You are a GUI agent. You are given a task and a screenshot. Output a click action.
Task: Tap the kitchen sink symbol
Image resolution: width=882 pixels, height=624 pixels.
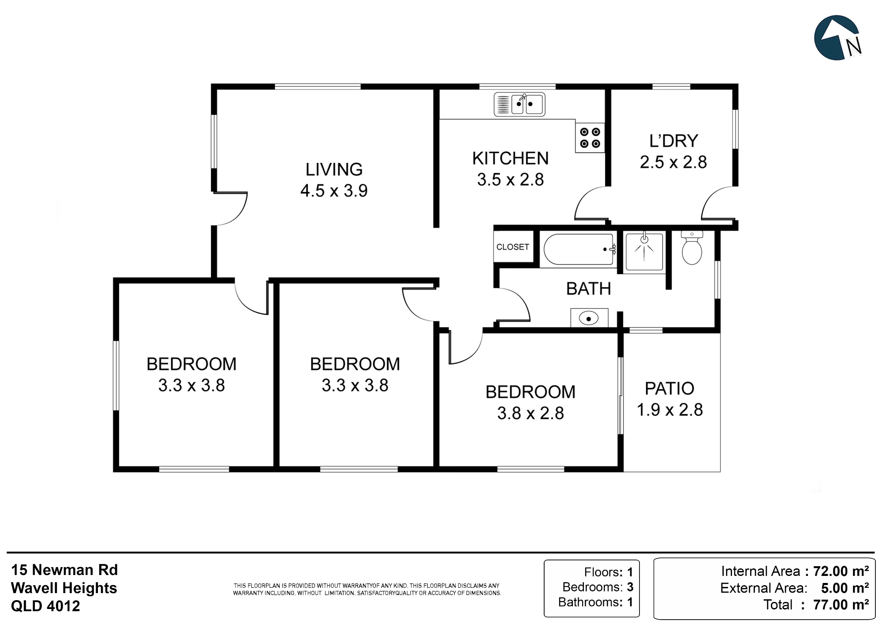pyautogui.click(x=519, y=105)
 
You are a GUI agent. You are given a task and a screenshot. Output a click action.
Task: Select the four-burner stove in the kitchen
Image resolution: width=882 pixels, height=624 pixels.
pyautogui.click(x=590, y=138)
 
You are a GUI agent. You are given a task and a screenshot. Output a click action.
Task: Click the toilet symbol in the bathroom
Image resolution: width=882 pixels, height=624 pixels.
pyautogui.click(x=691, y=248)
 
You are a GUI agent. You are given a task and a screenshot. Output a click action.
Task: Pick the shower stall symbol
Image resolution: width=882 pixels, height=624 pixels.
pyautogui.click(x=644, y=252)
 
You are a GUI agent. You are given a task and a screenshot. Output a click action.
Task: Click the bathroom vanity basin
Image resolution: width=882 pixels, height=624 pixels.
pyautogui.click(x=589, y=318)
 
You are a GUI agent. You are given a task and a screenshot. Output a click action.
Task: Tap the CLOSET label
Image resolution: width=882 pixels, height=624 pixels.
pyautogui.click(x=512, y=247)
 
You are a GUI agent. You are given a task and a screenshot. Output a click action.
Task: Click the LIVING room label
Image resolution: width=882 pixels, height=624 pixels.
pyautogui.click(x=334, y=169)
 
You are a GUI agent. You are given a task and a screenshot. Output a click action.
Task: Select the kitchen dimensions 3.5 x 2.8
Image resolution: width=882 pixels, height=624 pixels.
pyautogui.click(x=511, y=180)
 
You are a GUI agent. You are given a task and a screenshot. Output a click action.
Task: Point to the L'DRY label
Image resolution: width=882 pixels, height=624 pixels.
pyautogui.click(x=674, y=141)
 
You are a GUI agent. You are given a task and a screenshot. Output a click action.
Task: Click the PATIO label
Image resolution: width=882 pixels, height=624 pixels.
pyautogui.click(x=669, y=388)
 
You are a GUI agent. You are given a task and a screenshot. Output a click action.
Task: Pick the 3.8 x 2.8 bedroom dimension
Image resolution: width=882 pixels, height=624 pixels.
pyautogui.click(x=531, y=413)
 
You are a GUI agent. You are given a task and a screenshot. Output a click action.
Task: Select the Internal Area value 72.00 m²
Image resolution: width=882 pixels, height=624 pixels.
pyautogui.click(x=841, y=571)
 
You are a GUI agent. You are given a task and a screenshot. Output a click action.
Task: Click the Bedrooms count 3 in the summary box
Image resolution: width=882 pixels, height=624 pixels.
pyautogui.click(x=630, y=587)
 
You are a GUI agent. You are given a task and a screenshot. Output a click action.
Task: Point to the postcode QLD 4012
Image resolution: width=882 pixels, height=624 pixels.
pyautogui.click(x=45, y=606)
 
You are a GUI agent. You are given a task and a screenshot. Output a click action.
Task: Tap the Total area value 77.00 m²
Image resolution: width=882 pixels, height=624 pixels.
pyautogui.click(x=841, y=605)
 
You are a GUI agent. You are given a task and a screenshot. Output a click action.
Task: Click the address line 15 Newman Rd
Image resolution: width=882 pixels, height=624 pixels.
pyautogui.click(x=64, y=570)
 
